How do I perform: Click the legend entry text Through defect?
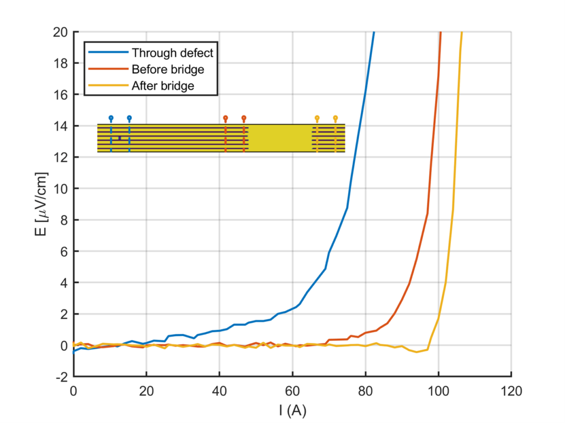pos(172,53)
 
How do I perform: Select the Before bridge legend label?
pos(168,69)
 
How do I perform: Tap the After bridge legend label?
pos(163,85)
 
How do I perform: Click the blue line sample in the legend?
pos(108,52)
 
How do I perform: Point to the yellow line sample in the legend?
pos(108,85)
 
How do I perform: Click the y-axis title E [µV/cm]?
pos(41,204)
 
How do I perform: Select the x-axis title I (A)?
pos(292,410)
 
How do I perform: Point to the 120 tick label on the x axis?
pos(511,391)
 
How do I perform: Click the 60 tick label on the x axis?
pos(292,391)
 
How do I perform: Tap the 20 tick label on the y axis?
pos(60,32)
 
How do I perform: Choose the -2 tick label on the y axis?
pos(62,377)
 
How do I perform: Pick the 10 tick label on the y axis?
pos(60,188)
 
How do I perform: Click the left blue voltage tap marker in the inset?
pos(111,119)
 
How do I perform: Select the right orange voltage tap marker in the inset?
pos(244,119)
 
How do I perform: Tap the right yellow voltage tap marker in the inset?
pos(335,119)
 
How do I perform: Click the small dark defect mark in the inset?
pos(120,138)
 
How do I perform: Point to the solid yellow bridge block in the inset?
pos(280,138)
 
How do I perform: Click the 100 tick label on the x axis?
pos(438,391)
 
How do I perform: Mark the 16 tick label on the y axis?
pos(60,95)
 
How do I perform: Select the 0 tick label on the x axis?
pos(73,391)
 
